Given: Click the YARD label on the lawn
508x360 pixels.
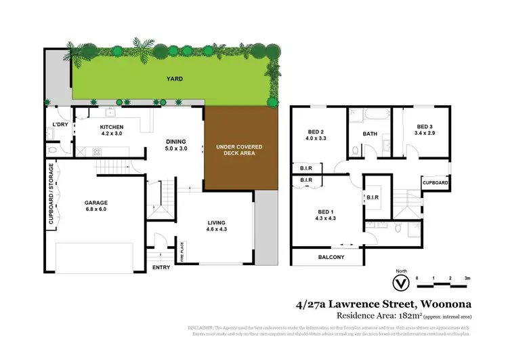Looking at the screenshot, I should pyautogui.click(x=175, y=79).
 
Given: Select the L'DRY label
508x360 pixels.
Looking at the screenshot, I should pyautogui.click(x=56, y=125).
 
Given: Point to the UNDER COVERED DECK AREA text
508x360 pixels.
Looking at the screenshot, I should pyautogui.click(x=239, y=150).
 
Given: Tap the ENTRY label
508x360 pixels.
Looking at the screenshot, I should pyautogui.click(x=162, y=266).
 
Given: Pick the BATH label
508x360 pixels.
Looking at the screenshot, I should pyautogui.click(x=370, y=134).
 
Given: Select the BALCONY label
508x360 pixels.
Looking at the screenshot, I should pyautogui.click(x=331, y=257).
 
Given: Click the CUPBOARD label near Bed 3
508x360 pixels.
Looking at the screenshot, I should pyautogui.click(x=435, y=183).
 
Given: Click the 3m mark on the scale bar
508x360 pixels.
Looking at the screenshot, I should pyautogui.click(x=467, y=278).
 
